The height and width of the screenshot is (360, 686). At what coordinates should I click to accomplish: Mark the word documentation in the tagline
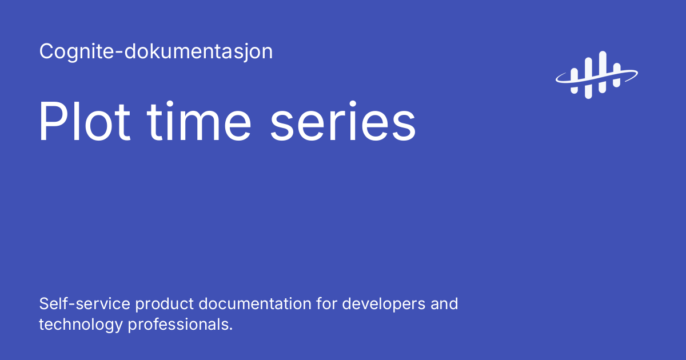click(x=257, y=303)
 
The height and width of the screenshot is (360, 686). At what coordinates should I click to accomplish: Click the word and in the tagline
click(x=444, y=303)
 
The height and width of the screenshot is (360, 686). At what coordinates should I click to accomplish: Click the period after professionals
click(x=231, y=330)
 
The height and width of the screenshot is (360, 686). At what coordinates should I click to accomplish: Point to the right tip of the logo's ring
click(x=637, y=73)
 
